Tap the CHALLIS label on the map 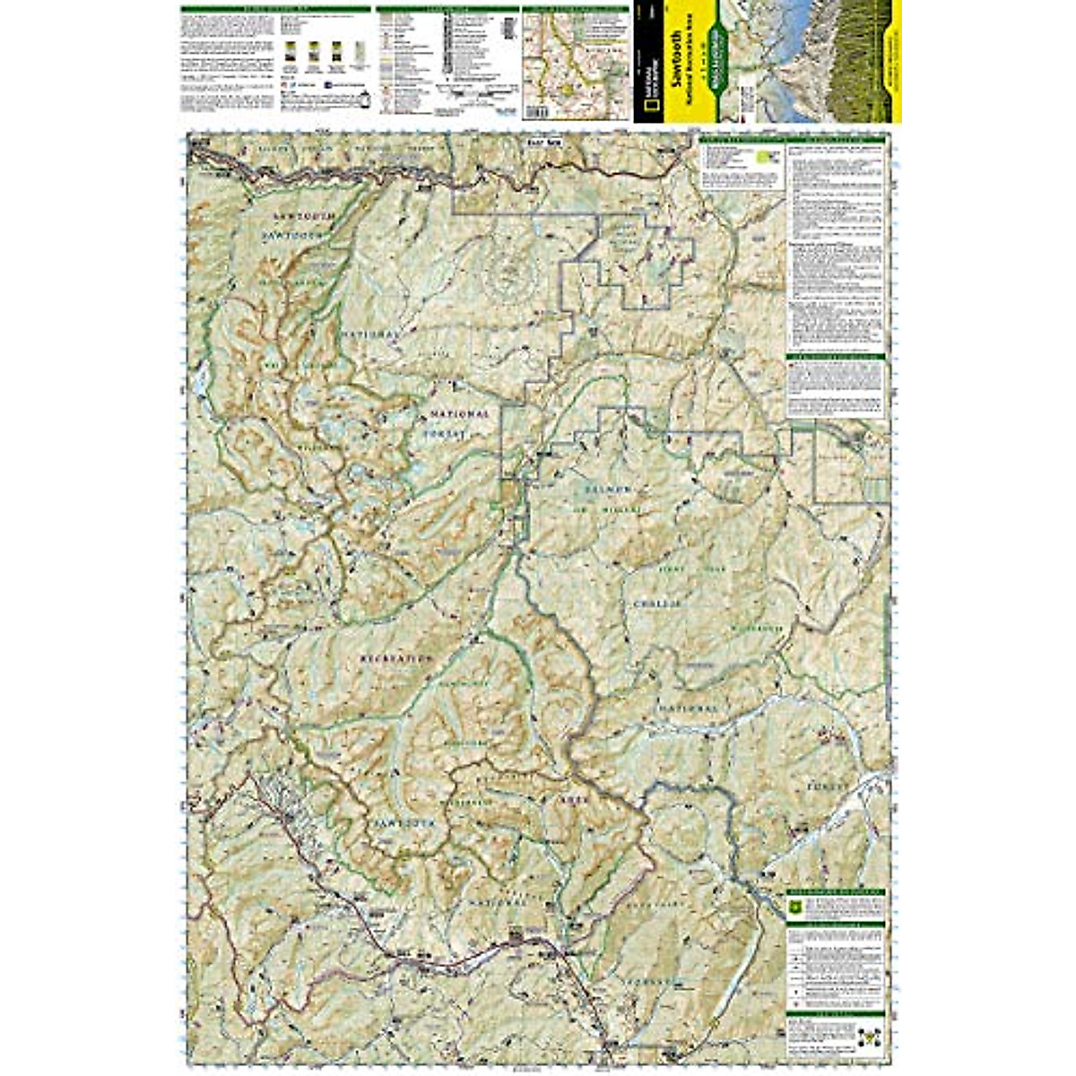point(659,604)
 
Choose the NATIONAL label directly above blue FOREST point(459,414)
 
